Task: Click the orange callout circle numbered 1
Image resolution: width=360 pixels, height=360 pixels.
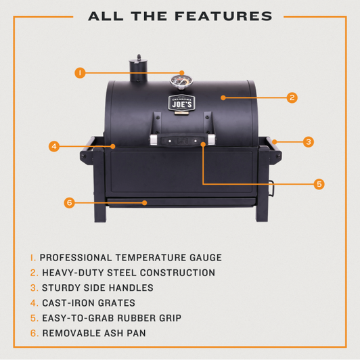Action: (80, 72)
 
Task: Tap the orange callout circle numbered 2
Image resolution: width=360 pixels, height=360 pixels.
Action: (292, 97)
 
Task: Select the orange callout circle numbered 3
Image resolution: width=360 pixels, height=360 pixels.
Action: (308, 142)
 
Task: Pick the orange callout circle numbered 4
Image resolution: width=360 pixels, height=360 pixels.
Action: (53, 145)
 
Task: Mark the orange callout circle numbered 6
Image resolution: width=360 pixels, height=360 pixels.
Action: (68, 202)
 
